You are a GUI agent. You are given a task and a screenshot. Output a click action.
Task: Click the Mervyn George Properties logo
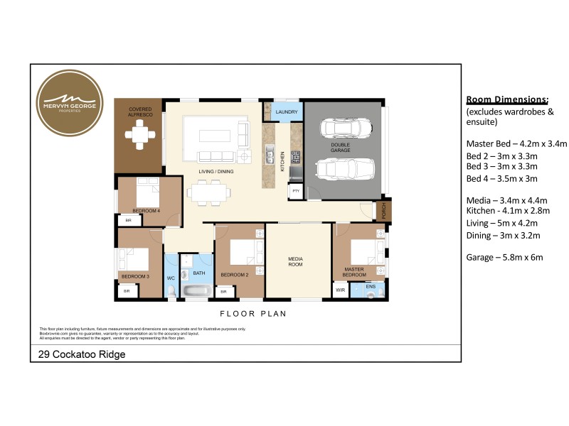click(69, 103)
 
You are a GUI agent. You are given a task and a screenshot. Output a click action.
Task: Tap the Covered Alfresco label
click(140, 111)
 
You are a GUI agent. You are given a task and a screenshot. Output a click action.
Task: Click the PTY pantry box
click(295, 191)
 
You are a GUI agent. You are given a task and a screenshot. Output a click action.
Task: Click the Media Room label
click(295, 261)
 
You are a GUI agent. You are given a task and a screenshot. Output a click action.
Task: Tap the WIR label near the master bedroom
click(340, 290)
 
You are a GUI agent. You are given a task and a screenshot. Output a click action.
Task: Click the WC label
click(171, 278)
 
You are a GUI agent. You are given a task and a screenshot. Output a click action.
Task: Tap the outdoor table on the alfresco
click(139, 133)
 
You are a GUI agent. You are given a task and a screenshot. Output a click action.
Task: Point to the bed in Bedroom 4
click(149, 192)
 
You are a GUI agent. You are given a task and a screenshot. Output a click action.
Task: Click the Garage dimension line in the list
click(504, 257)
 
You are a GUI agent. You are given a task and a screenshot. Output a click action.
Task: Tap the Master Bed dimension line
click(516, 144)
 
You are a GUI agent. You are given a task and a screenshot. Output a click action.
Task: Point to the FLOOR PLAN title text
click(252, 313)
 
